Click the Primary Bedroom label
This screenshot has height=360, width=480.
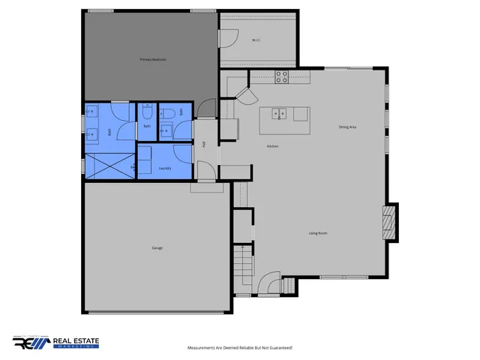[x=152, y=59]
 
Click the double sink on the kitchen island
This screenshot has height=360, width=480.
[x=279, y=115]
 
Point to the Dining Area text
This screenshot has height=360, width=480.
[x=347, y=127]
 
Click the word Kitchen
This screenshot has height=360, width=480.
[x=272, y=146]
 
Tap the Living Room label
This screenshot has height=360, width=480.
[x=318, y=233]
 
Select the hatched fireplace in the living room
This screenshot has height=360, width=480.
[x=388, y=222]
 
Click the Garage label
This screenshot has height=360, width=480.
[x=157, y=247]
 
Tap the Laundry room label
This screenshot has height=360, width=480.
[x=165, y=169]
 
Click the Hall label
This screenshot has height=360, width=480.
[x=204, y=144]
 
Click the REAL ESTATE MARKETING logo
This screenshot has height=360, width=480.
[x=55, y=343]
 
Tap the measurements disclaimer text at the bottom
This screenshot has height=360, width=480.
[x=239, y=348]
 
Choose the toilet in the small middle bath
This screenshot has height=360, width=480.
[x=148, y=113]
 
